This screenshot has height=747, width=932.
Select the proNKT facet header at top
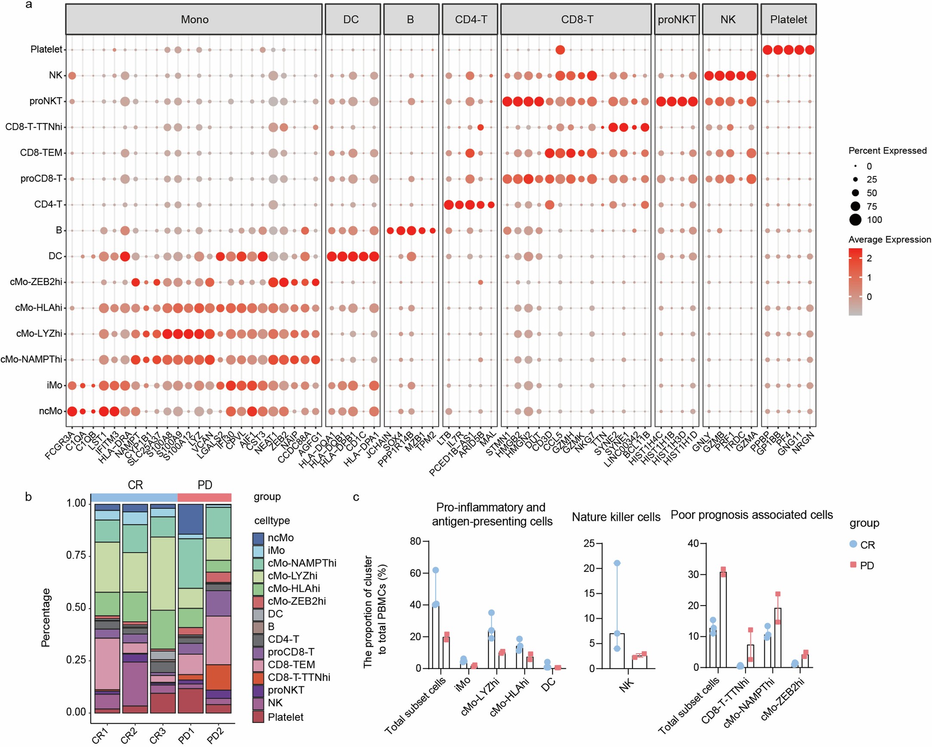pos(677,19)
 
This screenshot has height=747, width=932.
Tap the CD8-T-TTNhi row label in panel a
pos(34,127)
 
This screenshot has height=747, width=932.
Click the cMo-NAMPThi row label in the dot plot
pos(31,360)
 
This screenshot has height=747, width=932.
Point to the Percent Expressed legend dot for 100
pos(855,220)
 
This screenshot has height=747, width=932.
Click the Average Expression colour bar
pos(855,282)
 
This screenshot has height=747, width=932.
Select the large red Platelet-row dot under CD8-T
pos(560,50)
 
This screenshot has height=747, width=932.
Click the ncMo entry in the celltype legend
pos(281,538)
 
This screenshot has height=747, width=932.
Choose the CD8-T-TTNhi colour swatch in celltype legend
pos(258,677)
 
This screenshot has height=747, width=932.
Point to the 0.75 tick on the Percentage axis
pos(76,555)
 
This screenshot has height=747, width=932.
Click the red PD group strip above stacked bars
pos(205,497)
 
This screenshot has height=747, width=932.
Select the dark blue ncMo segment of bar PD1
pos(190,519)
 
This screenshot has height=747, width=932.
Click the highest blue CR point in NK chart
pos(617,563)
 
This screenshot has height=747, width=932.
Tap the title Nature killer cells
pos(616,517)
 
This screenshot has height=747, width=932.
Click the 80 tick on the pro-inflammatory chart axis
pos(415,541)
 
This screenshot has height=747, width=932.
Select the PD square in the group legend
pos(853,565)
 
